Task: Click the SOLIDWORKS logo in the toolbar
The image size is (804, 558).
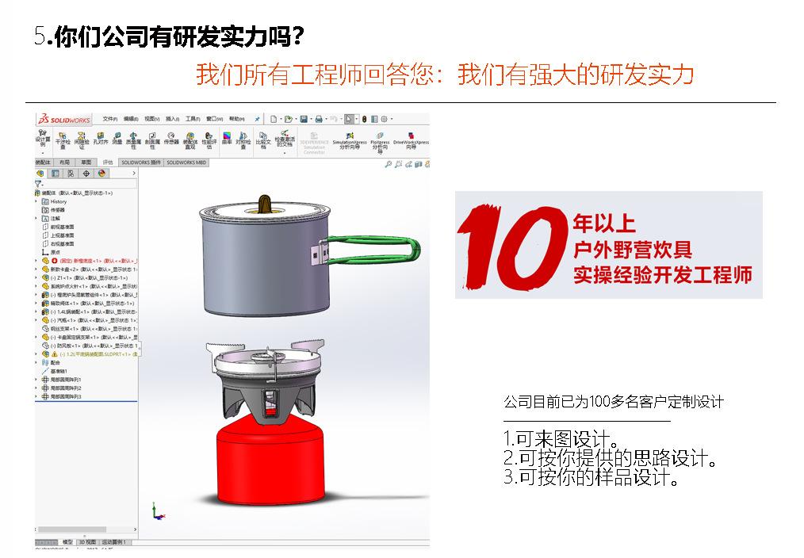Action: [64, 119]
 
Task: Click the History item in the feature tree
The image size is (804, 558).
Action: [59, 201]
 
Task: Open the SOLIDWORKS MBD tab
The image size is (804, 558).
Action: [186, 162]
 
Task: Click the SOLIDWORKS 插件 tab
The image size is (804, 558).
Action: [141, 162]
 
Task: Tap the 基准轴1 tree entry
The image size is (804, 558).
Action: [59, 371]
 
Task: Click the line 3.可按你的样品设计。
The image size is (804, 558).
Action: [592, 478]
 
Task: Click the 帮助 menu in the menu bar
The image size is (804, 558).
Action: [236, 119]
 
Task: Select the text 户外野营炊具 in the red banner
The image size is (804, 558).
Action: [632, 250]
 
